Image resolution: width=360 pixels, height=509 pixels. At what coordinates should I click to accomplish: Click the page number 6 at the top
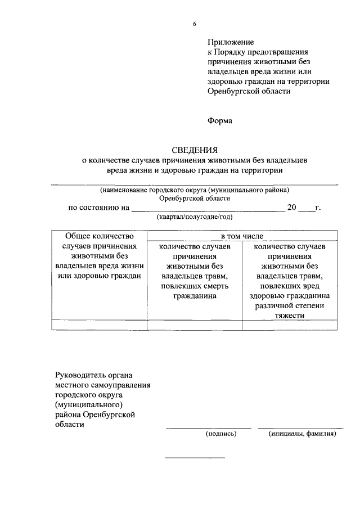click(x=194, y=24)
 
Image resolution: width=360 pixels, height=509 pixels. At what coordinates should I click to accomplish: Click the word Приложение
click(x=231, y=42)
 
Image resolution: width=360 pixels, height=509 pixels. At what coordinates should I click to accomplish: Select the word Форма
click(x=220, y=120)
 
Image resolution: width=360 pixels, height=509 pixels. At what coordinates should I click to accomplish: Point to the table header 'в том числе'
click(x=242, y=236)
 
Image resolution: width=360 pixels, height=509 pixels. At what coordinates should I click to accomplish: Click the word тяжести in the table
click(x=291, y=316)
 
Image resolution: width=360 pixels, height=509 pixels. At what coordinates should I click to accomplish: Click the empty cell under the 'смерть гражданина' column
click(x=194, y=325)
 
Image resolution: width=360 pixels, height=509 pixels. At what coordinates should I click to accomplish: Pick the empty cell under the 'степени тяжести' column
click(x=291, y=325)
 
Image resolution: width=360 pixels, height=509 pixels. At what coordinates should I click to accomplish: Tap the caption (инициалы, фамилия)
click(x=302, y=434)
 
